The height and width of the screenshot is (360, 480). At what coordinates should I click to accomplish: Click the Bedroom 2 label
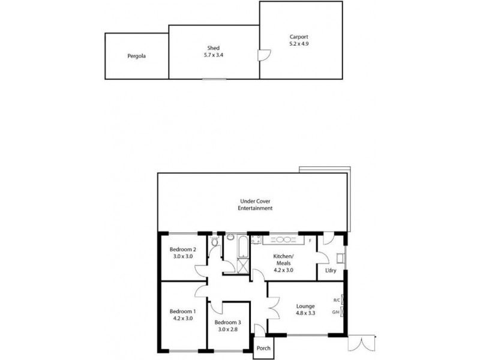182,250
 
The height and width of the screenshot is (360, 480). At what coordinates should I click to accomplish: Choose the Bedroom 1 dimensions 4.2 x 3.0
182,319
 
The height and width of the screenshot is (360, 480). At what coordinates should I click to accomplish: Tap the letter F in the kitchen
310,241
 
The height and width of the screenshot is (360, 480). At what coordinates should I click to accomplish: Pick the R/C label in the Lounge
336,300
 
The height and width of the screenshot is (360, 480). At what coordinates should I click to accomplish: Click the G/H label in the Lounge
336,313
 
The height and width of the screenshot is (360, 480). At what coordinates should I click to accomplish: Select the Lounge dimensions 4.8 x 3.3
305,313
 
